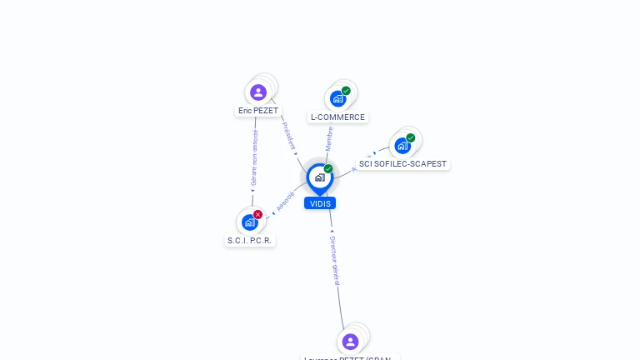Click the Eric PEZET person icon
tap(257, 92)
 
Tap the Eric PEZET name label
tap(258, 110)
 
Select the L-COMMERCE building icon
tap(337, 98)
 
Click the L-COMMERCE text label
tap(337, 117)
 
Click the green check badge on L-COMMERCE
tap(346, 91)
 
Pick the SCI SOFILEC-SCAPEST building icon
tap(402, 146)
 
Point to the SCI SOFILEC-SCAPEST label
tap(402, 164)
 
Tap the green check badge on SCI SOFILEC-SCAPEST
tap(411, 137)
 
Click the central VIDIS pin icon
tap(319, 177)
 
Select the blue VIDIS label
tap(320, 203)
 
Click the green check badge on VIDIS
tap(328, 169)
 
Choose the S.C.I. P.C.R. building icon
tap(249, 222)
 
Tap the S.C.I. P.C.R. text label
tap(250, 240)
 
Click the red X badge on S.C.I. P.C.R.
tap(257, 214)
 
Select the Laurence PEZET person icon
tap(350, 341)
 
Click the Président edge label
tap(288, 136)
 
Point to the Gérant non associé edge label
tap(254, 158)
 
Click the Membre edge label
tap(329, 138)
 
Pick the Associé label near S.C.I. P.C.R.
tap(285, 202)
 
